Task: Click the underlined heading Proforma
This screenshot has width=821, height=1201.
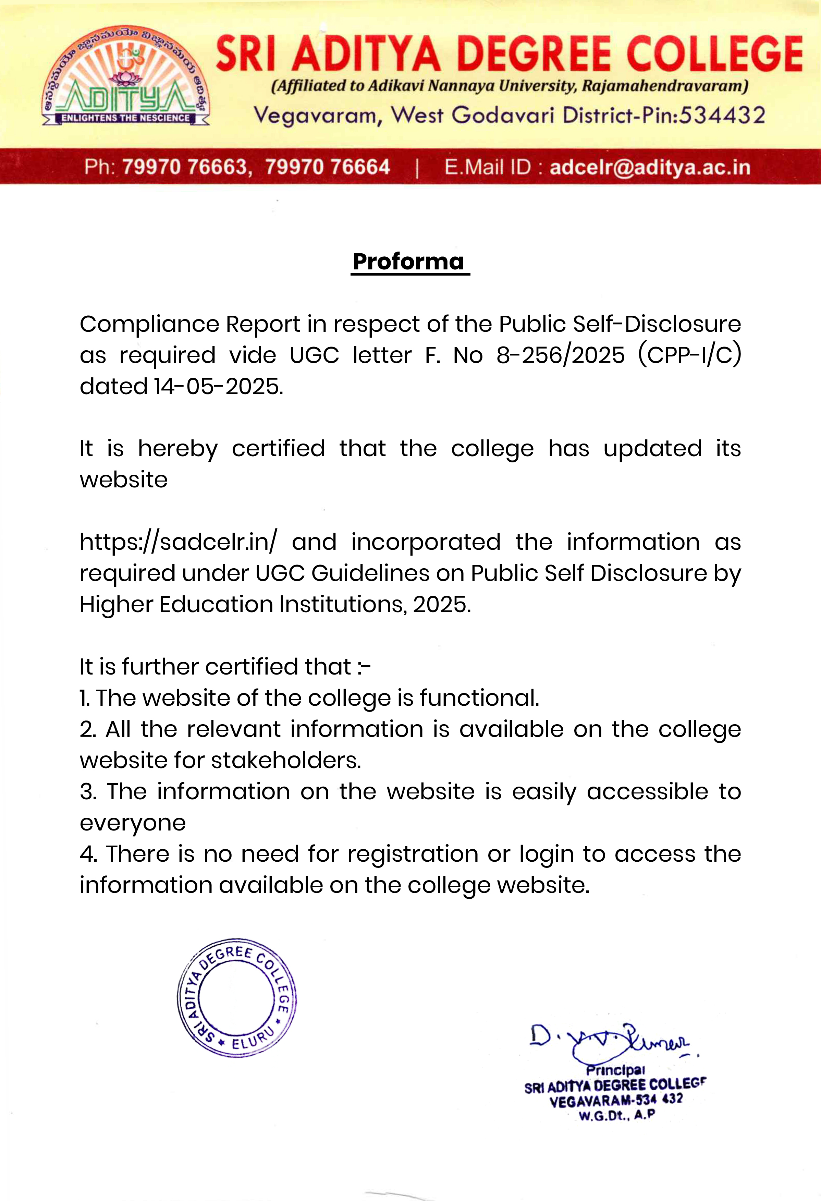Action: tap(409, 262)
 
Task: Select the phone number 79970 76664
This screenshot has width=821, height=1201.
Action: tap(328, 167)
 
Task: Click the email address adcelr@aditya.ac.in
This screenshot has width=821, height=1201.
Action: tap(649, 167)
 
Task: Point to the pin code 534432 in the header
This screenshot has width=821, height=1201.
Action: tap(722, 115)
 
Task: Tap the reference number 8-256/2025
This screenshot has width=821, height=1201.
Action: tap(561, 355)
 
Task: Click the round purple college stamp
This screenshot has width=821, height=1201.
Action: tap(237, 997)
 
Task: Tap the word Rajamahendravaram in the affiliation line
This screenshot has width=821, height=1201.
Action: tap(664, 86)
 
